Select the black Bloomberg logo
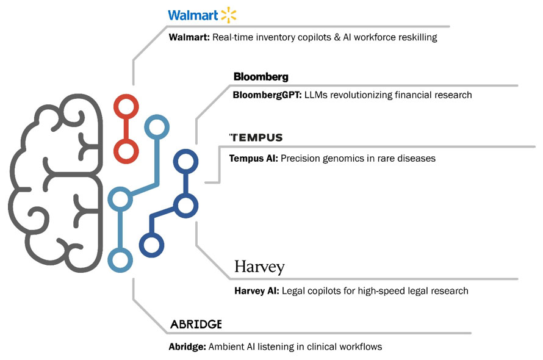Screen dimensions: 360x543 click(261, 77)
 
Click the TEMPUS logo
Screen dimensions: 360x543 click(256, 137)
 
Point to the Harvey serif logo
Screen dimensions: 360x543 click(259, 267)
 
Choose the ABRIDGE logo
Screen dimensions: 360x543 click(195, 323)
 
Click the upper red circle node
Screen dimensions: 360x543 click(126, 108)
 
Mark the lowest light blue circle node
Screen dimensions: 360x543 click(120, 259)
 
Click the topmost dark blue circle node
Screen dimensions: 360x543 click(185, 162)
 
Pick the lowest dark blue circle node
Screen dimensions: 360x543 click(151, 245)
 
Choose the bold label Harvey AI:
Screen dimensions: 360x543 click(257, 291)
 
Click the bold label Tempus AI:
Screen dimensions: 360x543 click(253, 159)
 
